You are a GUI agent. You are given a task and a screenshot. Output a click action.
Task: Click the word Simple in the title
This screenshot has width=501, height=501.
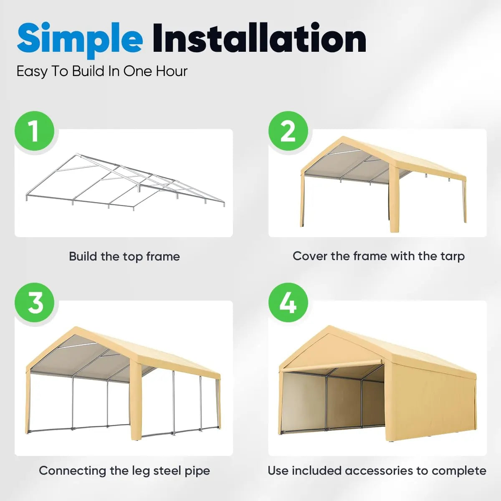tap(79, 38)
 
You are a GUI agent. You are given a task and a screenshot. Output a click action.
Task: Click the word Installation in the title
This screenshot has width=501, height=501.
tap(259, 38)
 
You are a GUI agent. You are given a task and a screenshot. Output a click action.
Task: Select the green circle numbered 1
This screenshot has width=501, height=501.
tap(35, 131)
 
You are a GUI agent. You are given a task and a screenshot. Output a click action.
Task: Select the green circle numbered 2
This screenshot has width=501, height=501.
tap(288, 131)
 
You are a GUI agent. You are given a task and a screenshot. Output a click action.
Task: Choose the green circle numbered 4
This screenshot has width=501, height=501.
tap(288, 303)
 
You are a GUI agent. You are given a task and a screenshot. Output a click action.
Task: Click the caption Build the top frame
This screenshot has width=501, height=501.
tap(124, 256)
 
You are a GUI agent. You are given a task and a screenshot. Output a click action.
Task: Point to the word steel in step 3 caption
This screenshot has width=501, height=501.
tap(167, 471)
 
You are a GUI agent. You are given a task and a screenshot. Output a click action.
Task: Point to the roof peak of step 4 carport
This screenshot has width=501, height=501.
tap(330, 328)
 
